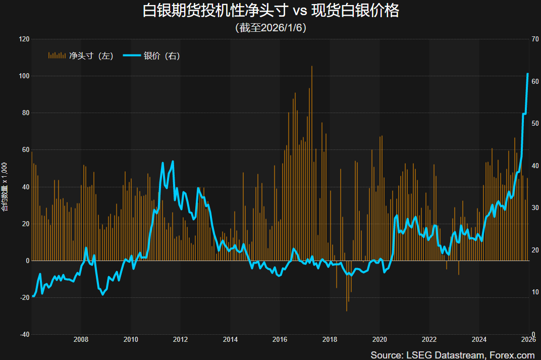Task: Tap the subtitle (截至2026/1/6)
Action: [270, 28]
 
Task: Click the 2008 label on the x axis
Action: [81, 339]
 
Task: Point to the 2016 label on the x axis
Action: [280, 339]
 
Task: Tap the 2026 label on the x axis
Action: [528, 339]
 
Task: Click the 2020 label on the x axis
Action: [380, 339]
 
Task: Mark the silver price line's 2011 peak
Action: [173, 162]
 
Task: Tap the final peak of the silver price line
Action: [527, 74]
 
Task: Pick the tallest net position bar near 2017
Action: [312, 67]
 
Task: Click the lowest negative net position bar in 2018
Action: [347, 311]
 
